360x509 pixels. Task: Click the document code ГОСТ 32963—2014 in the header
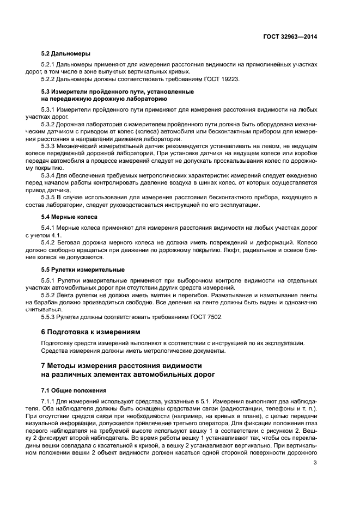pos(289,36)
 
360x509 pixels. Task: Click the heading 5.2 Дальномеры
pos(66,54)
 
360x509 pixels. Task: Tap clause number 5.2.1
pos(50,65)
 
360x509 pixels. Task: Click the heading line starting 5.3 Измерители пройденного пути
pos(118,91)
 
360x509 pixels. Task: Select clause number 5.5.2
pos(50,295)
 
